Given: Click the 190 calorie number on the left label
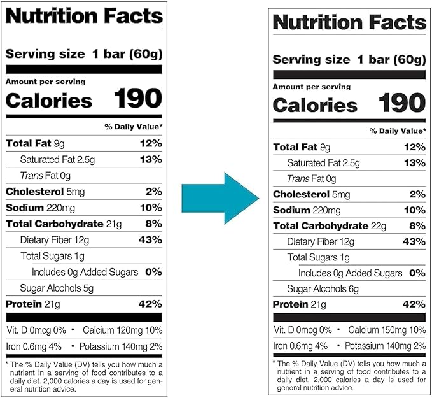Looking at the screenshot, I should (137, 99).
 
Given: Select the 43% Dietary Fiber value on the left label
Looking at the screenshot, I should (150, 240).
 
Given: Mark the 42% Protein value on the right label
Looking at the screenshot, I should (414, 304).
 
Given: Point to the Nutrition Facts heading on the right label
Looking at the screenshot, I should (349, 22).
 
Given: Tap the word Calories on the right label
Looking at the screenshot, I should (315, 105).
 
